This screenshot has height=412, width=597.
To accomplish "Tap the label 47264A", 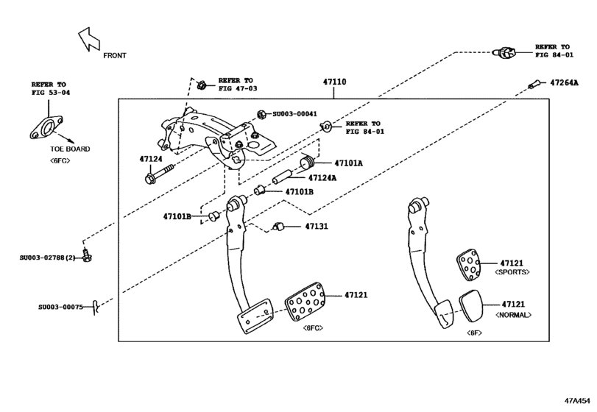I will pos(565,82).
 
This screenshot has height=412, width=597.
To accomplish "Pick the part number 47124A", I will pos(322,177).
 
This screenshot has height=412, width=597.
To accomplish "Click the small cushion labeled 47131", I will pos(278,226).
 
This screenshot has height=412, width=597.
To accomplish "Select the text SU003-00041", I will pos(294,114).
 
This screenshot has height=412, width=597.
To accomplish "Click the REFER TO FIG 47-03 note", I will pos(236,84).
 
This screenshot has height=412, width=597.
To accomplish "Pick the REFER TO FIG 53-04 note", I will pos(49,88).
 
